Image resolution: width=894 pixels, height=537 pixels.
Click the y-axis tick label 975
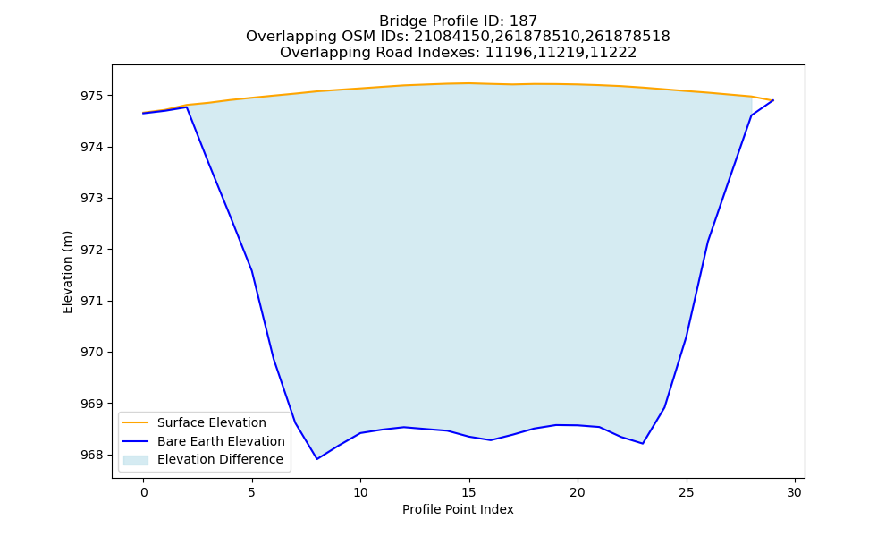[x=92, y=96]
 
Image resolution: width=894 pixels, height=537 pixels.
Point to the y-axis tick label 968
[x=92, y=456]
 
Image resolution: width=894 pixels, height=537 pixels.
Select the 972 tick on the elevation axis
[x=92, y=250]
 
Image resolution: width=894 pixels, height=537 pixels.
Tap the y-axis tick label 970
[x=92, y=353]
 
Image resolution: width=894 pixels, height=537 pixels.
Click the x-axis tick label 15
[x=468, y=492]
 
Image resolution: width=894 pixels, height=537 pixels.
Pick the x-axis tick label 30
[x=795, y=492]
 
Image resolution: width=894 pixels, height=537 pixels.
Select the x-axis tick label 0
[x=143, y=492]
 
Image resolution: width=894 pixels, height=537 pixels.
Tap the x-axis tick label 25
[x=687, y=492]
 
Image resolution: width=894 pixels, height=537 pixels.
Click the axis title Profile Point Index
[x=458, y=509]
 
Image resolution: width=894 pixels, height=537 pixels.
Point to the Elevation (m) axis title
[x=68, y=272]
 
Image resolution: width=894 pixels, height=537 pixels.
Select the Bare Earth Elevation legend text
[x=221, y=442]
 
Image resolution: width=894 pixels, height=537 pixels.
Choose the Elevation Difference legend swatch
[x=136, y=460]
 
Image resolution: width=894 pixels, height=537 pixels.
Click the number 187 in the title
[x=523, y=21]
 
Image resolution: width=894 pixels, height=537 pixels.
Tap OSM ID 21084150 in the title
[x=450, y=37]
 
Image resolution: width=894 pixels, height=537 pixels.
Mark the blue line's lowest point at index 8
[x=317, y=459]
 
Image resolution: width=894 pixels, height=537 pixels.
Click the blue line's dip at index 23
[x=643, y=443]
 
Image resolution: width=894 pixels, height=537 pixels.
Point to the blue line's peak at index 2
[x=187, y=107]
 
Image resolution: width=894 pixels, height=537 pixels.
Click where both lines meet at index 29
[x=773, y=100]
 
